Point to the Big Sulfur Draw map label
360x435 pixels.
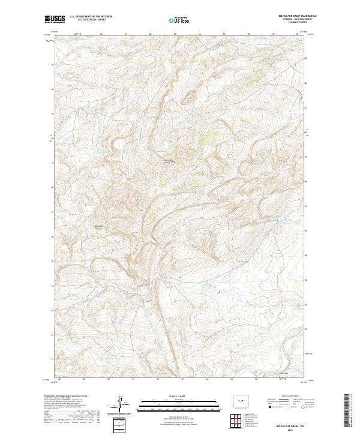(x=100, y=227)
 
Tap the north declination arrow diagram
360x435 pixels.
(x=119, y=403)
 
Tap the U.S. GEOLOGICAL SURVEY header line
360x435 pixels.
(x=88, y=20)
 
